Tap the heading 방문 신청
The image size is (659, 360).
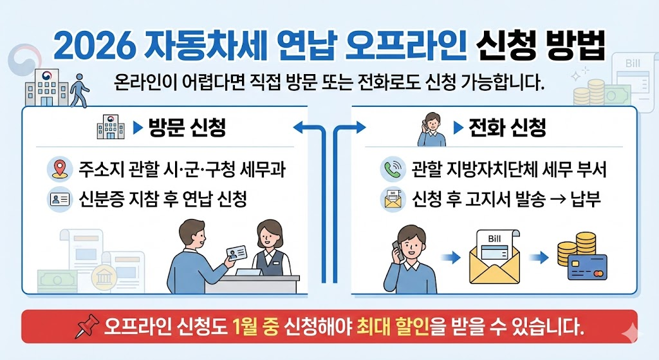[x=187, y=128]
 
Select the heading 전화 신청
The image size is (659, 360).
[x=508, y=128]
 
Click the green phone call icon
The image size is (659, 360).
[x=392, y=169]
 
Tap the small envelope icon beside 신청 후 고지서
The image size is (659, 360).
[x=392, y=200]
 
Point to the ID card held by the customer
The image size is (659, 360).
[x=240, y=253]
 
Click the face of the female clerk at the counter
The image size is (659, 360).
[x=268, y=236]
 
